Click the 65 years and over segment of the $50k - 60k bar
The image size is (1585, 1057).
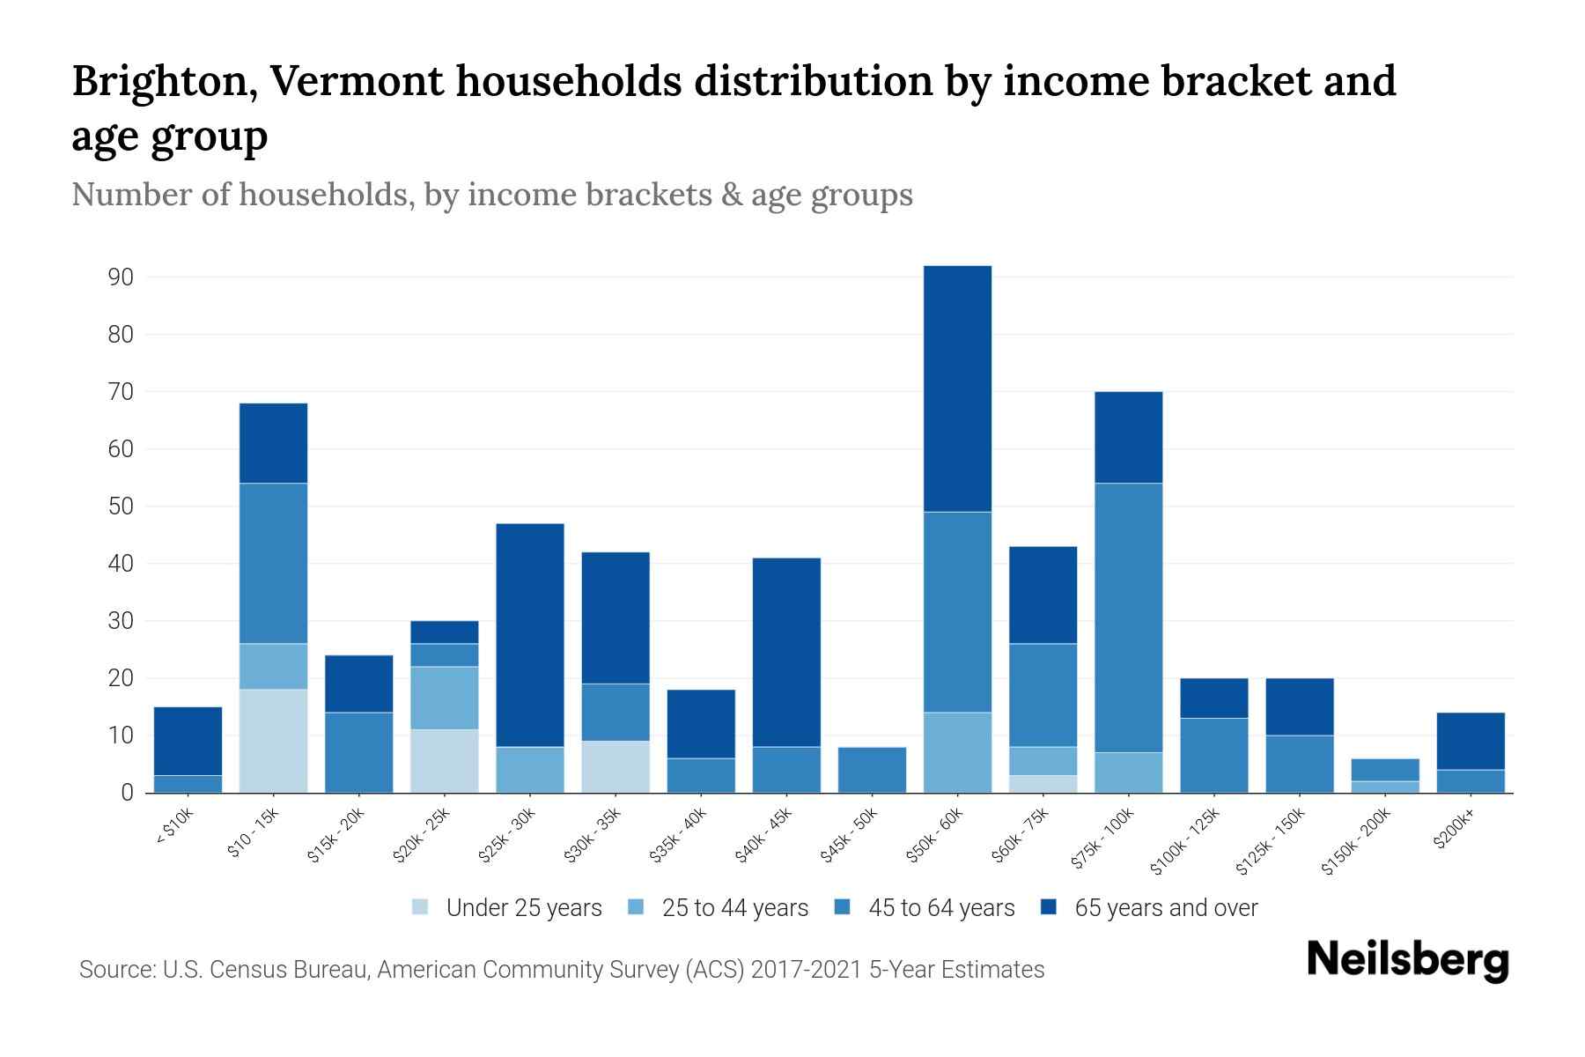pyautogui.click(x=957, y=388)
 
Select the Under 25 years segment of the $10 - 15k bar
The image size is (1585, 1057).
pyautogui.click(x=273, y=741)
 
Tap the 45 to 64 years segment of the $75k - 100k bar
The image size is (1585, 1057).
pyautogui.click(x=1128, y=617)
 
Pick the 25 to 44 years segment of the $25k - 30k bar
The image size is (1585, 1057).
pyautogui.click(x=530, y=770)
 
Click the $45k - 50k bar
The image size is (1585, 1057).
pyautogui.click(x=872, y=770)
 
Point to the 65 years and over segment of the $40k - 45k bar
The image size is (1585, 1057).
pyautogui.click(x=786, y=652)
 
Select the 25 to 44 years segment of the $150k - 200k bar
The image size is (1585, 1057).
pyautogui.click(x=1384, y=787)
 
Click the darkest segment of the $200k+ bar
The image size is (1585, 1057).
pyautogui.click(x=1470, y=741)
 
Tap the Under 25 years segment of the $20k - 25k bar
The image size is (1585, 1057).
pyautogui.click(x=444, y=761)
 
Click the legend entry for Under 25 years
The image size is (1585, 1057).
pyautogui.click(x=523, y=908)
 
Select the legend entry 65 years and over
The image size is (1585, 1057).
pyautogui.click(x=1165, y=908)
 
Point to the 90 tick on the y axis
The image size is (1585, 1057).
pyautogui.click(x=120, y=277)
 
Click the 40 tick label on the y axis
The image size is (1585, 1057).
pyautogui.click(x=120, y=564)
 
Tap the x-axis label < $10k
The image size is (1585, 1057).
pyautogui.click(x=173, y=828)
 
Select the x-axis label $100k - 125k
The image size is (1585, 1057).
pyautogui.click(x=1185, y=841)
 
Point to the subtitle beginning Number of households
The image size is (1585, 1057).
pyautogui.click(x=491, y=195)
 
